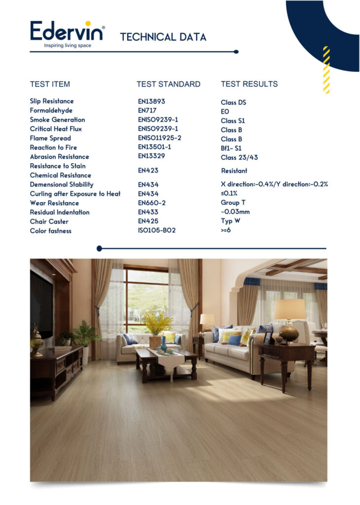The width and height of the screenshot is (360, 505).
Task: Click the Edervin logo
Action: tap(67, 31)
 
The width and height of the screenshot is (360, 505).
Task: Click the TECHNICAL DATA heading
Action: tap(163, 37)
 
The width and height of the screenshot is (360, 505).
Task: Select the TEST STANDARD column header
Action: tap(168, 84)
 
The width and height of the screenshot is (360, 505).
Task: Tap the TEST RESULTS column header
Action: tap(249, 84)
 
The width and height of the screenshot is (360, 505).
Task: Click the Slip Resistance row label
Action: tap(52, 101)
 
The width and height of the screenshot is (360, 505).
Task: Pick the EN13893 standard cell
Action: tap(151, 101)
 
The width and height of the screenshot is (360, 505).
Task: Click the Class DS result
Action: tap(233, 103)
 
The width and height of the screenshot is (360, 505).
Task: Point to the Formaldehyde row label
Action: tap(51, 110)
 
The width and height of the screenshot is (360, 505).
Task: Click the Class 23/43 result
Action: tap(239, 158)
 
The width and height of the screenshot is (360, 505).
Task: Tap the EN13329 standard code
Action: tap(151, 156)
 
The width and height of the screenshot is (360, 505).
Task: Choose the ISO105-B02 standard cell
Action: tap(157, 230)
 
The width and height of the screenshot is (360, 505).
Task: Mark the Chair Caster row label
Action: tap(49, 221)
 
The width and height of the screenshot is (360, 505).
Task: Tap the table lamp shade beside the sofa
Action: tap(289, 310)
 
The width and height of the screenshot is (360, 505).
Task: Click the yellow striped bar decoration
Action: tap(326, 70)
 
